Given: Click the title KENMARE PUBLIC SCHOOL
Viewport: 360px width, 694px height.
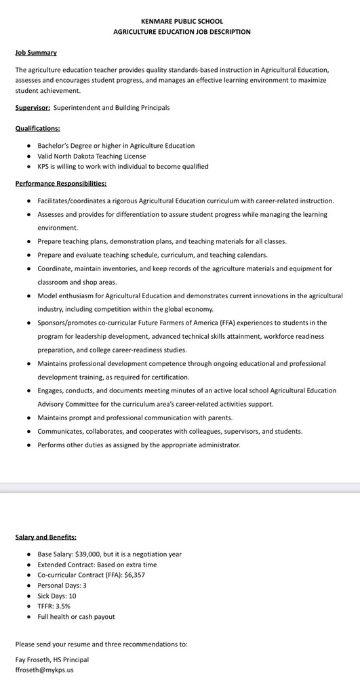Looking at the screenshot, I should (x=181, y=22).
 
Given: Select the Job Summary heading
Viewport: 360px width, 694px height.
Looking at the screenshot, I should (x=36, y=52).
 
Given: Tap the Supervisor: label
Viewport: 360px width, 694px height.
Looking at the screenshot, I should (x=33, y=108).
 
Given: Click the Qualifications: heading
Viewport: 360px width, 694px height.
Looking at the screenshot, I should (x=37, y=128).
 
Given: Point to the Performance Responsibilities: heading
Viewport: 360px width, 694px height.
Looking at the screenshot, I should (x=60, y=183).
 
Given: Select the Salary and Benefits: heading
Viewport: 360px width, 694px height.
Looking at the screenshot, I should (x=45, y=537).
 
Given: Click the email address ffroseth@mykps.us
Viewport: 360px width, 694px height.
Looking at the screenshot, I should (x=45, y=670).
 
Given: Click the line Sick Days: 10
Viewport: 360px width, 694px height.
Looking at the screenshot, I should (x=57, y=596).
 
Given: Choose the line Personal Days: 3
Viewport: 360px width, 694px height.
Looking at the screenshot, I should (x=62, y=585).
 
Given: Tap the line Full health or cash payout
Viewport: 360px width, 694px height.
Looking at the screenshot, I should (x=76, y=617).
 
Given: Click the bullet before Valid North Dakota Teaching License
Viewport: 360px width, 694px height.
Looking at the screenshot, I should (x=28, y=156).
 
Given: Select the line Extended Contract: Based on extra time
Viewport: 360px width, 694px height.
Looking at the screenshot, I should (x=97, y=565).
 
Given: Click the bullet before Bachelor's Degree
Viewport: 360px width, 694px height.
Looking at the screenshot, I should (x=28, y=146).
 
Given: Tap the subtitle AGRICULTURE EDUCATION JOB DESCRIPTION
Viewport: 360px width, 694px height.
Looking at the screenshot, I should (x=181, y=32).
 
